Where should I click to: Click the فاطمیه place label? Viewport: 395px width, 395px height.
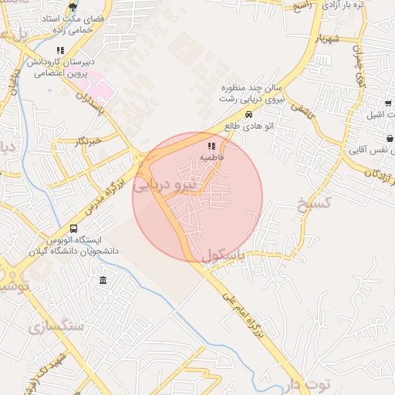pos(211,157)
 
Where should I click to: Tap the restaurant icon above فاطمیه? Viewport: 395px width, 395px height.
pos(211,145)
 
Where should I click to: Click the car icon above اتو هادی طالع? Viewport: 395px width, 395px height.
pos(248,115)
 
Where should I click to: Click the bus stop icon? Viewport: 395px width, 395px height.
pos(73,228)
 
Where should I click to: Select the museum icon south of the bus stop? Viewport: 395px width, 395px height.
pos(103,279)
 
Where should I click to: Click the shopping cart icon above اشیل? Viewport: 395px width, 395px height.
pos(387,103)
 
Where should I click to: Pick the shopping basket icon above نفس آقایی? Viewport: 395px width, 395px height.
pos(390,139)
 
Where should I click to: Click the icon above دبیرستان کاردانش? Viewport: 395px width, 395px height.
pos(60,51)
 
